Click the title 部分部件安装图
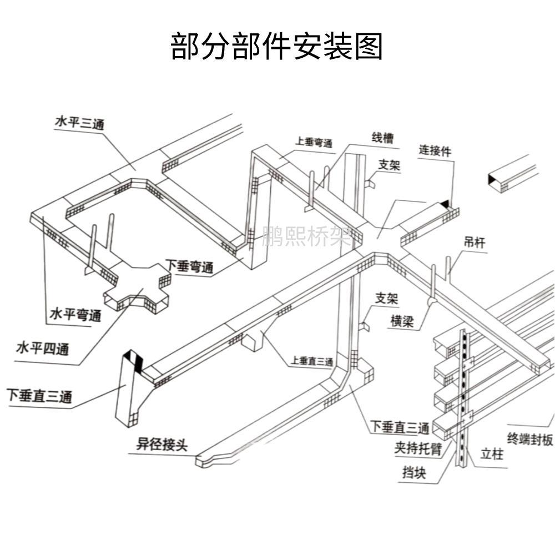pyautogui.click(x=277, y=46)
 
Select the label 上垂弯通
pyautogui.click(x=314, y=143)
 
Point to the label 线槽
pyautogui.click(x=382, y=138)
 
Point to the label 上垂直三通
pyautogui.click(x=311, y=361)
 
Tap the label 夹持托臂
pyautogui.click(x=418, y=448)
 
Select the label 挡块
pyautogui.click(x=415, y=473)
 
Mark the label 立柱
pyautogui.click(x=492, y=454)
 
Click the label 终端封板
pyautogui.click(x=531, y=439)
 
